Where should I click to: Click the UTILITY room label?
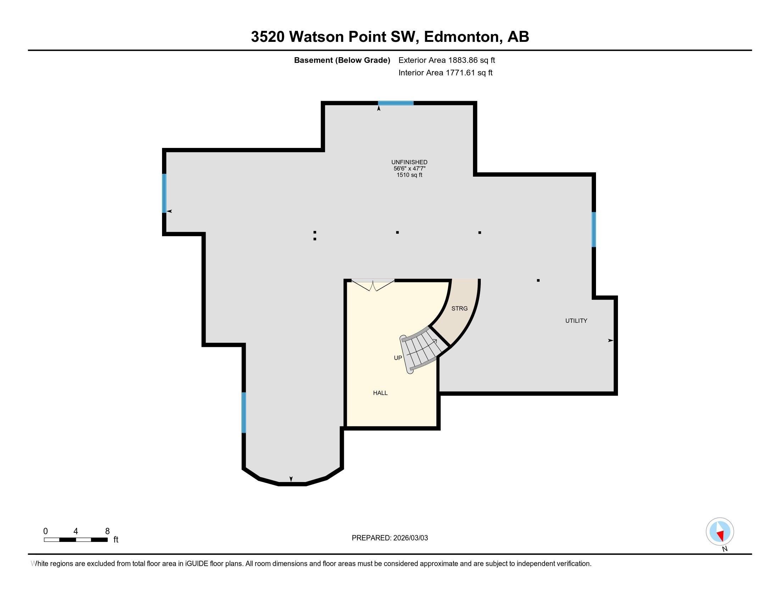576,321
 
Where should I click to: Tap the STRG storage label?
459,308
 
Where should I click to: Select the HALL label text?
380,393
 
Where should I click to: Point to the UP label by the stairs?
397,358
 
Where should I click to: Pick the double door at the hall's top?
373,285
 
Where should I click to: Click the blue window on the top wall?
396,103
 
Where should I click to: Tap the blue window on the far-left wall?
164,193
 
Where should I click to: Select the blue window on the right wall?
594,229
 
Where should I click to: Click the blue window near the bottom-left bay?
244,413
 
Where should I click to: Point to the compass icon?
720,531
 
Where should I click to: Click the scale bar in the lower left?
76,540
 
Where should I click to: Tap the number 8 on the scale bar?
107,531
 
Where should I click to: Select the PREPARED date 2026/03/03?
409,538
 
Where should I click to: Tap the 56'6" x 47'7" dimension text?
409,168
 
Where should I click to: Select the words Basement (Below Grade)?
342,60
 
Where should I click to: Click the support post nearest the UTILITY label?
538,281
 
